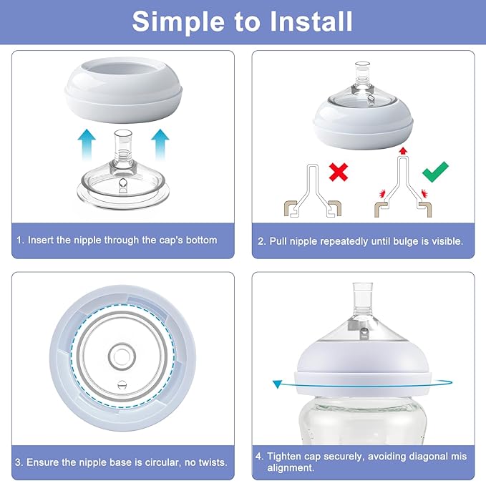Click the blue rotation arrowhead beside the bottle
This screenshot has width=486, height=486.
277,385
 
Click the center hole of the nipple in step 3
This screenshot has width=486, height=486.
119,356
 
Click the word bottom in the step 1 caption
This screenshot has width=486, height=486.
200,240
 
